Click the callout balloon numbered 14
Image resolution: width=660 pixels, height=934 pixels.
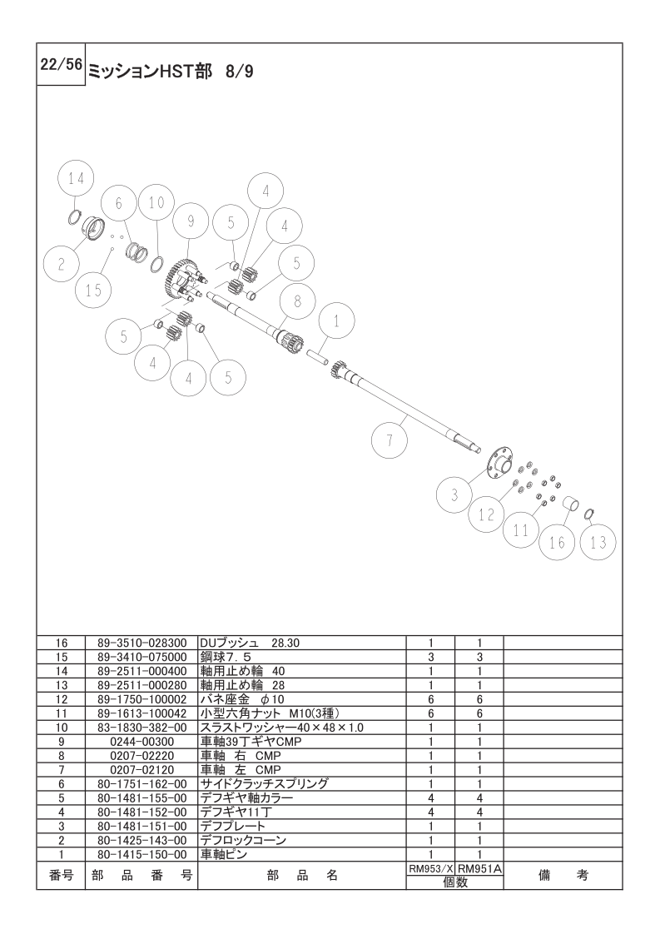point(77,180)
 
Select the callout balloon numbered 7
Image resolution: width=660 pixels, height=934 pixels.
point(389,441)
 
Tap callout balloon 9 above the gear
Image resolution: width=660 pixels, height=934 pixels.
point(191,221)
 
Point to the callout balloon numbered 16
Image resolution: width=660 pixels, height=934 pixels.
point(557,542)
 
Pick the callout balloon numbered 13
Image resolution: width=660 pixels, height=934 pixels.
point(598,543)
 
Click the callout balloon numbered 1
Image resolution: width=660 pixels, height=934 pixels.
point(336,320)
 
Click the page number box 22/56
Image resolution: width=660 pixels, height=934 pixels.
point(60,64)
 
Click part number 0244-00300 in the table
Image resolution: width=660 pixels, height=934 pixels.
point(141,741)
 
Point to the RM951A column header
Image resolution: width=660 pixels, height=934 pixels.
point(479,867)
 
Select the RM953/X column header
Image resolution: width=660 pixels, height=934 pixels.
point(429,867)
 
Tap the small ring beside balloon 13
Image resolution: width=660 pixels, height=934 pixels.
point(588,514)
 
